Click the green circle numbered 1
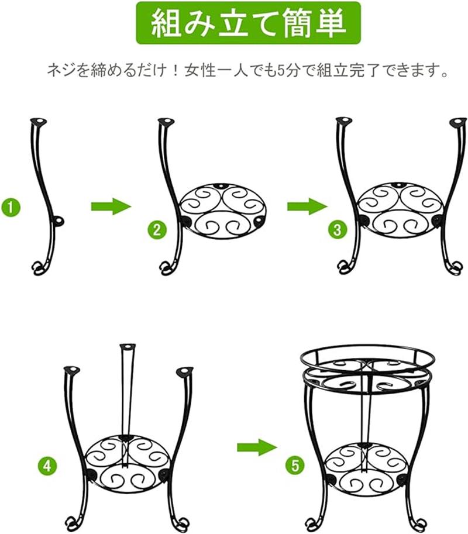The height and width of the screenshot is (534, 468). [11, 207]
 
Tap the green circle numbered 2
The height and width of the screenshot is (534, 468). [157, 230]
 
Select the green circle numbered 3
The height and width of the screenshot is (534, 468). [337, 229]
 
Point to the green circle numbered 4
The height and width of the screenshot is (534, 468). [47, 465]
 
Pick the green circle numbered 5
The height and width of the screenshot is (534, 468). [295, 465]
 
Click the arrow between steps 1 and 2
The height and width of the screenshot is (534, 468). [111, 206]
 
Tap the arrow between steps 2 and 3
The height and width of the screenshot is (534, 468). [308, 206]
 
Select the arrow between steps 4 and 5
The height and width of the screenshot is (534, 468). [257, 447]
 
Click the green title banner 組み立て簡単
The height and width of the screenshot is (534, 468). [248, 23]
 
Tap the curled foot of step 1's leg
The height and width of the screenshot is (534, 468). [40, 268]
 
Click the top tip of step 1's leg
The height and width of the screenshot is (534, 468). [39, 121]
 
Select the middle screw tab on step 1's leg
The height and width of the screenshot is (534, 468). [58, 221]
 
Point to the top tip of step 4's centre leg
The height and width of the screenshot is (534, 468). [128, 347]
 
